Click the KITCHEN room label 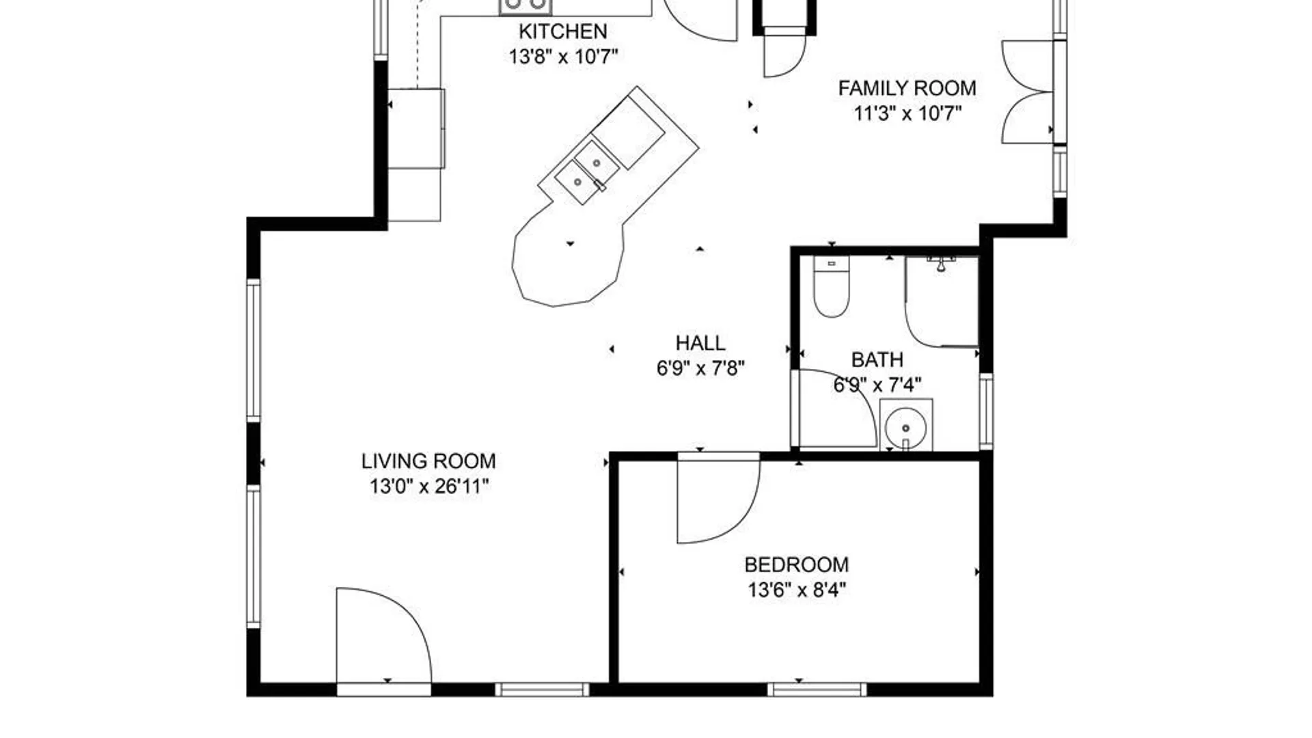coord(562,31)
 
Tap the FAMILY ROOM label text coord(907,88)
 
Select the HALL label coord(700,343)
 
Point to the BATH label coord(877,359)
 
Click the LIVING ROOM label coord(428,461)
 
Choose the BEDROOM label coord(797,565)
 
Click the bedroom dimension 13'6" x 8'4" coord(797,590)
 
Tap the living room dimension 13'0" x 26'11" coord(429,487)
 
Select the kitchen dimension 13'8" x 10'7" coord(563,57)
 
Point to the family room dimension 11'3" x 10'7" coord(907,113)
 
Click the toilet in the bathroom coord(832,287)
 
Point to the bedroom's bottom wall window coord(817,689)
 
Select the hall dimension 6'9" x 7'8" coord(700,368)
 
